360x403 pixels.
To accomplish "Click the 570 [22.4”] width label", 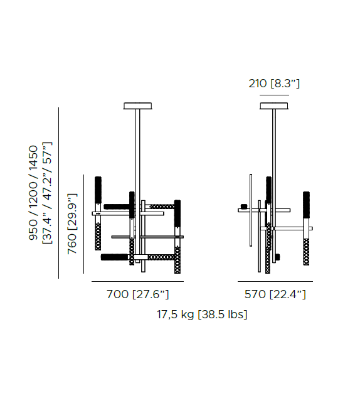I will [275, 294].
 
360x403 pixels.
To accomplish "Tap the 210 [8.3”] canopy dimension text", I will [274, 83].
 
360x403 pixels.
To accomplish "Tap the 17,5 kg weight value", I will [176, 314].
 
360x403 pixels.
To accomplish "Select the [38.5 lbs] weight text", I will [223, 314].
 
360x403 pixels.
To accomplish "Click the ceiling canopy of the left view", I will [138, 105].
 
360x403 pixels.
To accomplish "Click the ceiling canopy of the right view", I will [274, 105].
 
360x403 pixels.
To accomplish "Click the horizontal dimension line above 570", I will [275, 282].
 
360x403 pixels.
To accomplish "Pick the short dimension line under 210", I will [274, 95].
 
